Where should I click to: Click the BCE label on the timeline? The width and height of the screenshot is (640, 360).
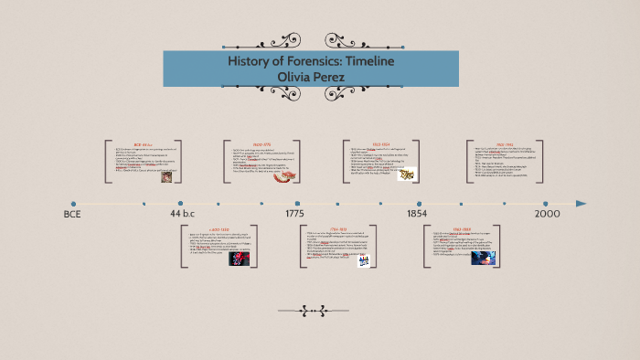click(72, 214)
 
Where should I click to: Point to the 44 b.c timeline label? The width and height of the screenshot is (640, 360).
click(182, 214)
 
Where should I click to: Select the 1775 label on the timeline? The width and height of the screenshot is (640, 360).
click(294, 214)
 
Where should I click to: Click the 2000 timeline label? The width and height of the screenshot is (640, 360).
click(547, 214)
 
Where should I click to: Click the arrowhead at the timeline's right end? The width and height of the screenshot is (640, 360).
click(581, 204)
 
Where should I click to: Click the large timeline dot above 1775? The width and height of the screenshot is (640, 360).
click(297, 204)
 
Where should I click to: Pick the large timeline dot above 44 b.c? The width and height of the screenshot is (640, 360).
click(180, 204)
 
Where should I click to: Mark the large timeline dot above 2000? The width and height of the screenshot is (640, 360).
click(546, 204)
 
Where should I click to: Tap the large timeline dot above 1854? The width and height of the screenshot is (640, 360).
click(419, 204)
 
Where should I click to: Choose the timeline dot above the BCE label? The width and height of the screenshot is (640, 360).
click(73, 204)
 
